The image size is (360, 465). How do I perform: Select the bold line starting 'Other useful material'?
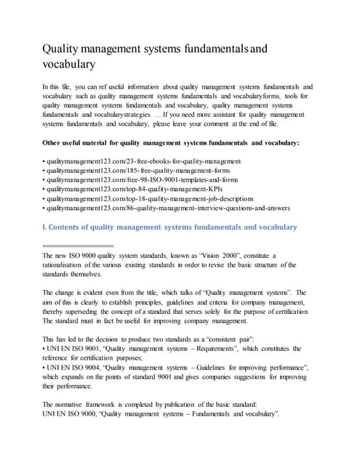pos(171,142)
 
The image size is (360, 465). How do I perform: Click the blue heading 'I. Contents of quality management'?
pos(170,227)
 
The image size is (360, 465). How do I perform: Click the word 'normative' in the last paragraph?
pos(76,405)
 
